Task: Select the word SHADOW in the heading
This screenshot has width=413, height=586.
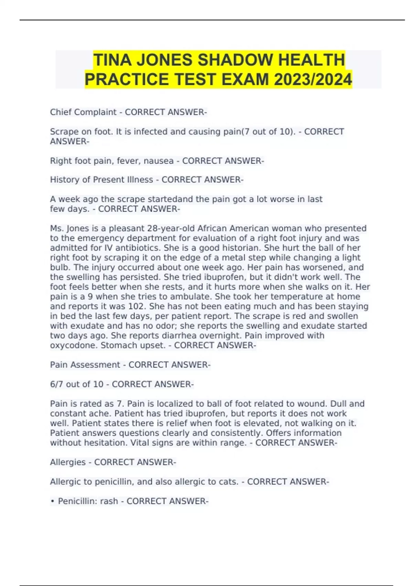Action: click(x=236, y=60)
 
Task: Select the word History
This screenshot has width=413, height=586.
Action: click(x=64, y=180)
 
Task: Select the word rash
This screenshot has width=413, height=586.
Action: click(x=109, y=501)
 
